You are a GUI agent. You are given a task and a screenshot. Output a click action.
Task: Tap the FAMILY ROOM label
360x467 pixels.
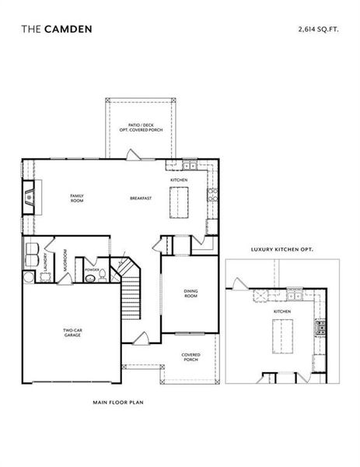[x=77, y=198]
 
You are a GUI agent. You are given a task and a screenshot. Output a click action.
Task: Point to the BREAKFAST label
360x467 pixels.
[x=141, y=198]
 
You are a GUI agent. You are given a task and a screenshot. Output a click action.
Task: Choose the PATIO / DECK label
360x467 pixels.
[x=142, y=128]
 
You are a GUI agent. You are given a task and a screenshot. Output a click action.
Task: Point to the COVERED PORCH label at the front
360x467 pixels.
[x=191, y=357]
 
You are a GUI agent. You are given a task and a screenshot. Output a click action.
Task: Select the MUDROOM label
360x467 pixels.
[x=65, y=259]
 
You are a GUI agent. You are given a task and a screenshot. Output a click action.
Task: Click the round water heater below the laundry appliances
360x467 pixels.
[x=29, y=278]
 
